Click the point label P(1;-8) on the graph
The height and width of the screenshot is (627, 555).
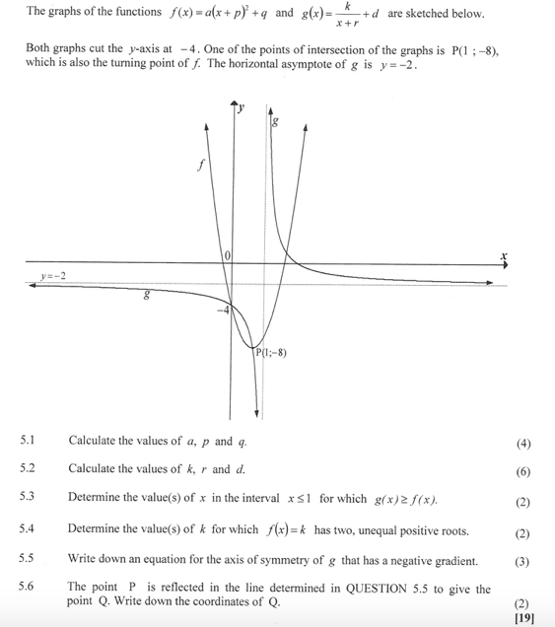(x=271, y=353)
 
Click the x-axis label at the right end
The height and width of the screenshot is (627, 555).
(x=504, y=255)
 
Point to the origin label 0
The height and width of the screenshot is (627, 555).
(x=228, y=256)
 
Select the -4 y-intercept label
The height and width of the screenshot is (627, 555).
(x=223, y=311)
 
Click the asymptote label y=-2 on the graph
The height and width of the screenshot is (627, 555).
(x=53, y=276)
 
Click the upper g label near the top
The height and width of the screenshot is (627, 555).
(x=275, y=123)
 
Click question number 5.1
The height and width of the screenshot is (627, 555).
(x=28, y=441)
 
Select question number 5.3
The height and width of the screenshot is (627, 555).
(x=28, y=498)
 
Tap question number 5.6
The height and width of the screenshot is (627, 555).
(x=28, y=589)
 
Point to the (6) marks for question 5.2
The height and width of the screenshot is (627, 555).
(x=522, y=470)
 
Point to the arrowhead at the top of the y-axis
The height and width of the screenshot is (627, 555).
(x=235, y=103)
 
